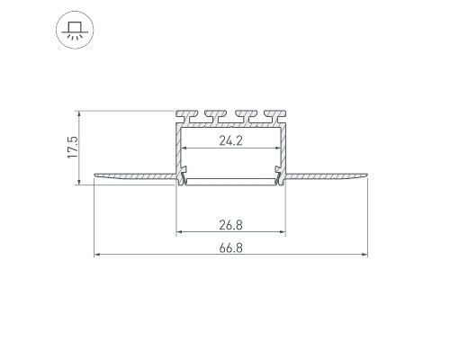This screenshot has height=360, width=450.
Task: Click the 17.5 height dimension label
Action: pyautogui.click(x=73, y=148)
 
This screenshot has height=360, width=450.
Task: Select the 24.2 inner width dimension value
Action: pyautogui.click(x=230, y=140)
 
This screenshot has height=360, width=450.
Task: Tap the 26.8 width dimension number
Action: pyautogui.click(x=230, y=225)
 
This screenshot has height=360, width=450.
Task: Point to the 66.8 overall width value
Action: pyautogui.click(x=230, y=248)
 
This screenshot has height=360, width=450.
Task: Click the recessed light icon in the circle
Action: pyautogui.click(x=75, y=30)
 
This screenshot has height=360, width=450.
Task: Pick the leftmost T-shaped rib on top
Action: pyautogui.click(x=187, y=116)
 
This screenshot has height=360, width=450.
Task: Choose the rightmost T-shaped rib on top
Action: pyautogui.click(x=274, y=116)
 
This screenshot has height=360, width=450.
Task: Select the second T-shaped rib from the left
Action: pyautogui.click(x=216, y=116)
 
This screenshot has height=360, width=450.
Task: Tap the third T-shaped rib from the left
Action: pyautogui.click(x=247, y=116)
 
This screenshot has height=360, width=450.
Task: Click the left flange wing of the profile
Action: pyautogui.click(x=135, y=176)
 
